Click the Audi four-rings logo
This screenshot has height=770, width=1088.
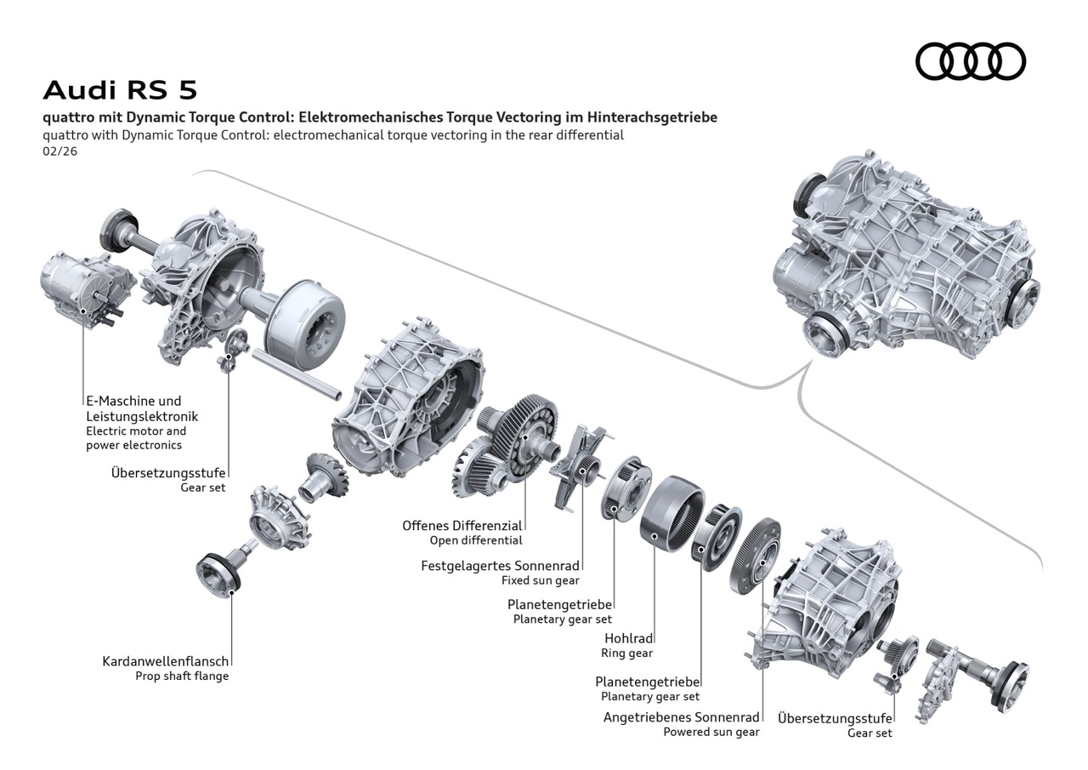click(970, 61)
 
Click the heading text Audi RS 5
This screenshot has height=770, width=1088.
click(120, 89)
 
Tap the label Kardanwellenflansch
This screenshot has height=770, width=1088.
click(166, 661)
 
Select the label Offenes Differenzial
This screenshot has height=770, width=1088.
click(462, 526)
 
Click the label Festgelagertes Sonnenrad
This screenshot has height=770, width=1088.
click(500, 566)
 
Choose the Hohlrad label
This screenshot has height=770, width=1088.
click(628, 638)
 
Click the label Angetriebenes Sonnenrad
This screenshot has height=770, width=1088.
click(681, 717)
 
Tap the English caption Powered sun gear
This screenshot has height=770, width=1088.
click(711, 732)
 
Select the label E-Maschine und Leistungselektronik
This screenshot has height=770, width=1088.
click(133, 408)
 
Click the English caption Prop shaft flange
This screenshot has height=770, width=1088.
click(182, 676)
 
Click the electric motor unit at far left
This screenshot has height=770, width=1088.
click(85, 285)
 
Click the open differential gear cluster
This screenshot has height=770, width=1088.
click(507, 442)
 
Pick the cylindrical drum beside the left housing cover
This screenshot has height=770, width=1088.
click(303, 318)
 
